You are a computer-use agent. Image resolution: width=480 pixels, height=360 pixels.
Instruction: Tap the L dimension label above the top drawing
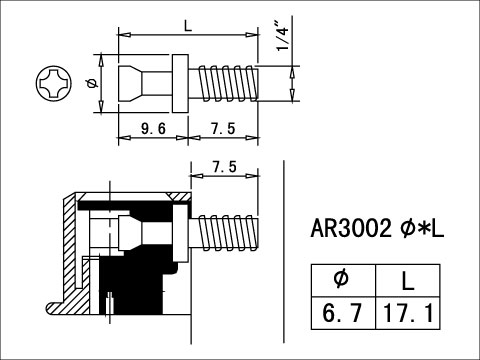pyautogui.click(x=187, y=23)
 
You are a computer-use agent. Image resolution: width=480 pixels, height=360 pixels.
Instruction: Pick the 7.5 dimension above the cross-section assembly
pyautogui.click(x=225, y=168)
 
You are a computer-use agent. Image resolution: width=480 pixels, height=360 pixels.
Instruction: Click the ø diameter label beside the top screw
pyautogui.click(x=91, y=83)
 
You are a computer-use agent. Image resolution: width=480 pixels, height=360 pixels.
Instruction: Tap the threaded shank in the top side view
pyautogui.click(x=228, y=83)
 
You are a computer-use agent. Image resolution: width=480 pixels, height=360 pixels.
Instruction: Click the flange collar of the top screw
pyautogui.click(x=181, y=83)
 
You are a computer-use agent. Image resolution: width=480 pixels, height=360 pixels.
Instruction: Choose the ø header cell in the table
pyautogui.click(x=341, y=279)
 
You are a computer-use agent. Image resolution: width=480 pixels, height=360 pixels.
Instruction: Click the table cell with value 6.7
pyautogui.click(x=341, y=313)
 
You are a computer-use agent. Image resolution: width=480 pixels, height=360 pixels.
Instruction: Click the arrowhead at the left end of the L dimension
pyautogui.click(x=122, y=35)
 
